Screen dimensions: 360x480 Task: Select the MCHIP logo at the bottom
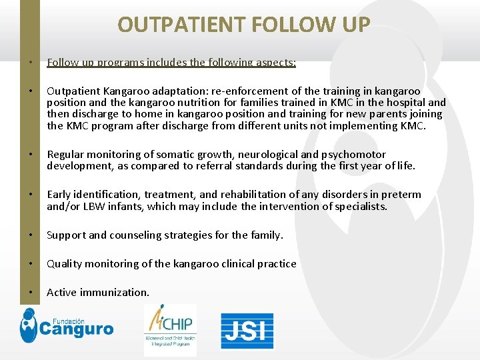(170, 330)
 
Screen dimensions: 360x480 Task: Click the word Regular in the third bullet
(65, 155)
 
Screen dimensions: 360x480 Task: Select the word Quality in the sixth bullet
(65, 264)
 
